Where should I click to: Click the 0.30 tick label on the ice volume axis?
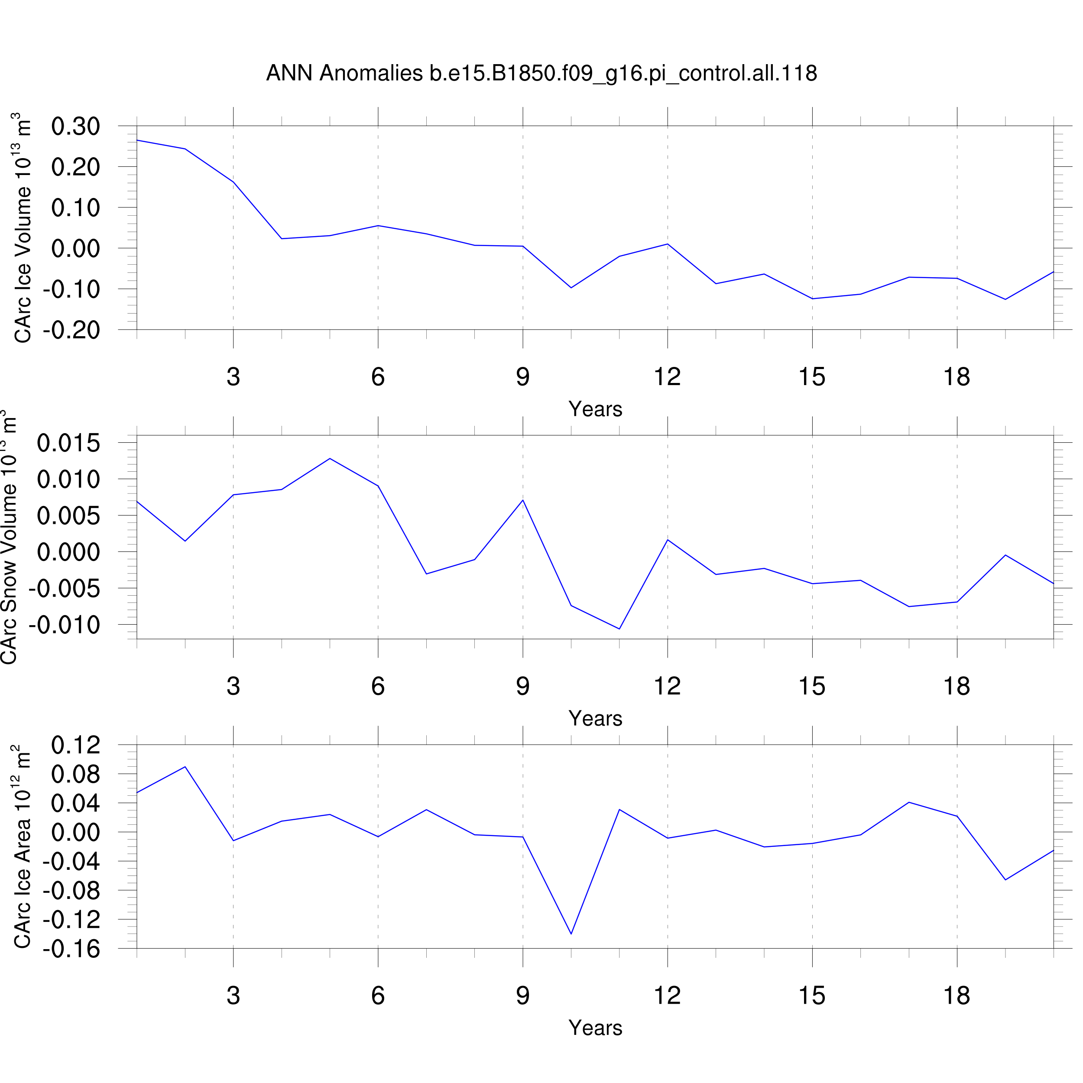click(x=76, y=126)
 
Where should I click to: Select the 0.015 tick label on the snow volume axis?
click(x=68, y=444)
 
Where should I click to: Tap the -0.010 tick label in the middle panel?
click(x=64, y=625)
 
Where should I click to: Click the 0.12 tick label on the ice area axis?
click(x=76, y=746)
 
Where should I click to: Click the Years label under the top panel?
click(x=595, y=409)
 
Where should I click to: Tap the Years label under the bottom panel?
click(x=595, y=1028)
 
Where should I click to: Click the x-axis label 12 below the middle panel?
click(x=667, y=686)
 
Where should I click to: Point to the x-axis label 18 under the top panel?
click(x=957, y=377)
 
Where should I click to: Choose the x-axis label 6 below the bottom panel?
click(x=378, y=995)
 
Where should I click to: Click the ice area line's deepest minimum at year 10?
click(x=571, y=934)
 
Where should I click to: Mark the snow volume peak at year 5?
click(x=330, y=458)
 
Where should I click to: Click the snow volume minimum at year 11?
click(x=619, y=629)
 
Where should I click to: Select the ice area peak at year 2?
click(x=185, y=767)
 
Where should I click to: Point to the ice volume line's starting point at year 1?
click(x=137, y=140)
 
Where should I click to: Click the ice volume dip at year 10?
click(x=571, y=288)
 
